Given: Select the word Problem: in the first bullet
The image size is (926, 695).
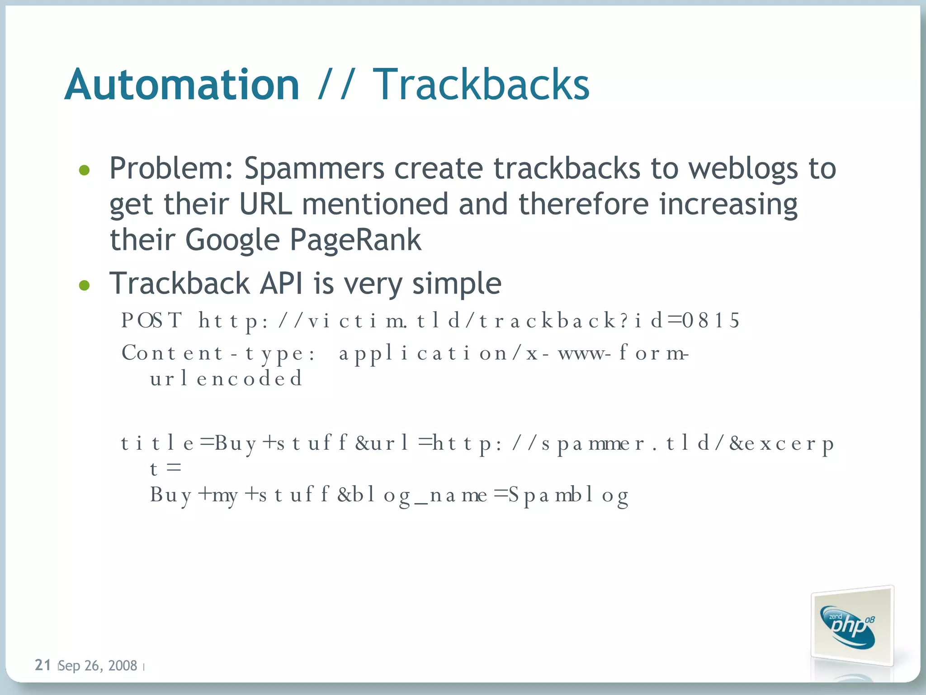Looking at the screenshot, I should pyautogui.click(x=171, y=169).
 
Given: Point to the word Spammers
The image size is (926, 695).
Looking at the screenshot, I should pyautogui.click(x=314, y=169).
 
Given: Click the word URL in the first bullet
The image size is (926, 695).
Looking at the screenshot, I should pyautogui.click(x=265, y=204).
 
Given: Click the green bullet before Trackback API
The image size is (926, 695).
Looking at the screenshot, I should pyautogui.click(x=84, y=285).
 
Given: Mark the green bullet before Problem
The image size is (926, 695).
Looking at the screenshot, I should pyautogui.click(x=84, y=170).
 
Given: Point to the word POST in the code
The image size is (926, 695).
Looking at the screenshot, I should pyautogui.click(x=152, y=320).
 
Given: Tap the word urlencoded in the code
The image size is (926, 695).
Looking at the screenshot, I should pyautogui.click(x=226, y=378).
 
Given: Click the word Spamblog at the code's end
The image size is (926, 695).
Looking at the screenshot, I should pyautogui.click(x=568, y=495).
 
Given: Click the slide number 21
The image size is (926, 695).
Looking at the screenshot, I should pyautogui.click(x=43, y=665).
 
